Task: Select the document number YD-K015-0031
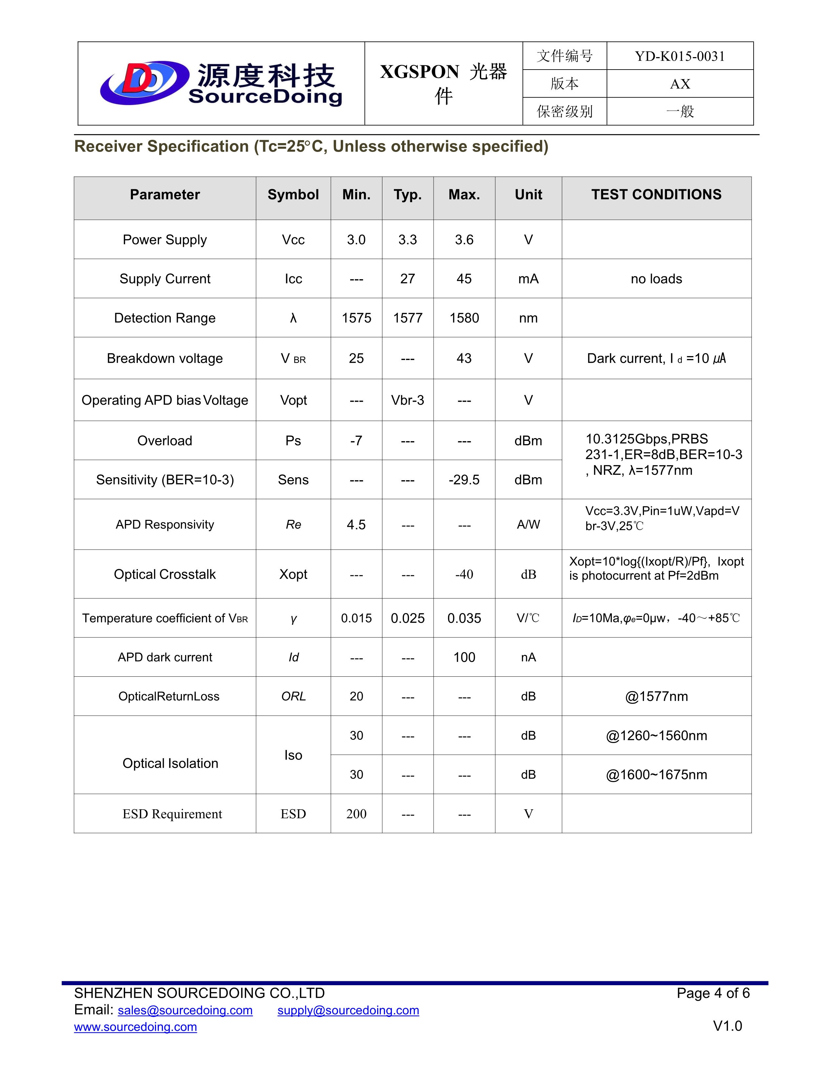point(679,56)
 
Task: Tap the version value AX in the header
point(679,84)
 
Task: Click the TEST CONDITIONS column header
point(656,194)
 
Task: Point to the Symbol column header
point(293,194)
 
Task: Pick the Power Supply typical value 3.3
point(408,240)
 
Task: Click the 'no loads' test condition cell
point(656,279)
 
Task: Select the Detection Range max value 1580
point(464,318)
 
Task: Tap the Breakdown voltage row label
point(165,358)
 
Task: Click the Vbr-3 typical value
point(408,400)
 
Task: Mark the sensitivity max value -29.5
point(464,479)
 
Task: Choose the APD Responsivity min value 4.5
point(356,525)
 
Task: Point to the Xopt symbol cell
point(293,574)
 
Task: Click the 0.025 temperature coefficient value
point(408,618)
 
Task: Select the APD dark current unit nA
point(528,657)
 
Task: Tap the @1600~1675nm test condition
point(656,775)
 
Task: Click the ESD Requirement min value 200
point(356,814)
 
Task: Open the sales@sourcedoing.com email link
point(185,1010)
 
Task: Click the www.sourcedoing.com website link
point(135,1027)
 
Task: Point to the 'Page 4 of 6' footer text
point(713,993)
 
